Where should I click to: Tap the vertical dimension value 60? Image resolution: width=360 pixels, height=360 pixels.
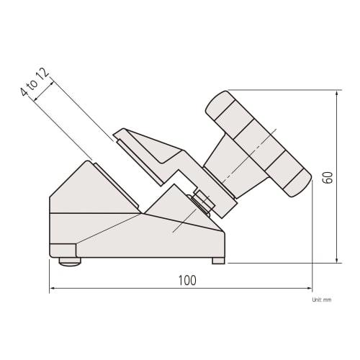[x=327, y=177]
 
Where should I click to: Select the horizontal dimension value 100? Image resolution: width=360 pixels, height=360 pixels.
[x=186, y=280]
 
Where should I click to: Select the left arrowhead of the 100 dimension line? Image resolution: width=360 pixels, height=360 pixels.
[x=53, y=290]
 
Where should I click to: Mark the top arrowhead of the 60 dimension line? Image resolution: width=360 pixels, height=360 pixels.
[x=338, y=94]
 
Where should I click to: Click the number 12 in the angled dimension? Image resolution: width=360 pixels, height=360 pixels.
[x=45, y=73]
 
